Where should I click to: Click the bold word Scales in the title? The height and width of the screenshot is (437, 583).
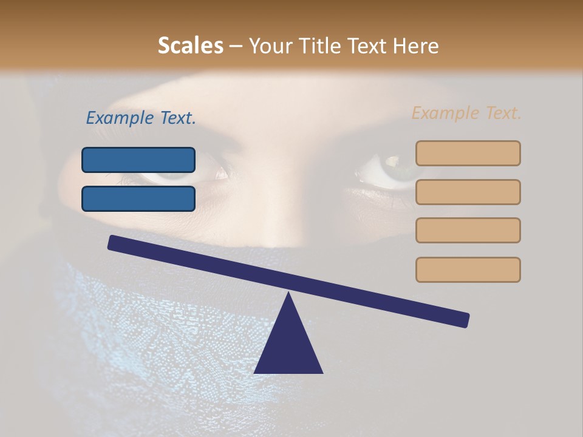click(190, 46)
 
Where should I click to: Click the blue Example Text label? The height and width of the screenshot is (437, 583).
click(141, 118)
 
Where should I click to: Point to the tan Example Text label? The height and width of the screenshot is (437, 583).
click(466, 113)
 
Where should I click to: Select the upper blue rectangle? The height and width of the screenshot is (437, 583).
click(138, 160)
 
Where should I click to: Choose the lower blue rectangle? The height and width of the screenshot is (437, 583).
click(138, 198)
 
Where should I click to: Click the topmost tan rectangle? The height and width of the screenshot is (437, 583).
click(468, 153)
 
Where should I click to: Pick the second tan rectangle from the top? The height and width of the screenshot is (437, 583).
click(468, 192)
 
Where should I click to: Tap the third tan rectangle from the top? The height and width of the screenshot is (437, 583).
click(468, 230)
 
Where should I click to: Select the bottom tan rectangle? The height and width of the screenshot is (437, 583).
click(468, 269)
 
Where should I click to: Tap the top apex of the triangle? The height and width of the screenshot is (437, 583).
click(288, 295)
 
